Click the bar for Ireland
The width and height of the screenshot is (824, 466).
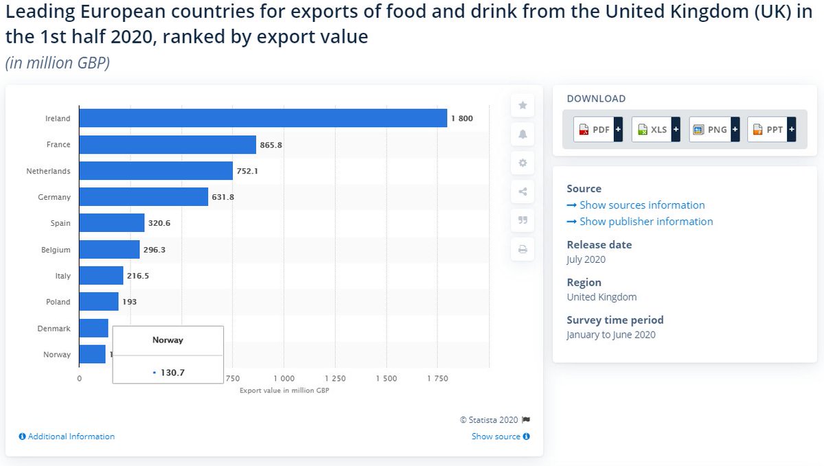[x=263, y=118]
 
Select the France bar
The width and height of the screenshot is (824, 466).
[x=168, y=144]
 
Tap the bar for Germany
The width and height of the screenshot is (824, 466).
[x=144, y=197]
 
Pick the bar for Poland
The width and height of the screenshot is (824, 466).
[x=99, y=301]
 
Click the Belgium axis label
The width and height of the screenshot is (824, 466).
[x=56, y=250]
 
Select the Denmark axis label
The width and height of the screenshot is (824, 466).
[x=54, y=328]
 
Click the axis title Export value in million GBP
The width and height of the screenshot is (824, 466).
[x=284, y=390]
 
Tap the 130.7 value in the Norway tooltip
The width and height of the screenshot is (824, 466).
[x=172, y=373]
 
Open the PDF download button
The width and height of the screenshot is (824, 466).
[x=598, y=129]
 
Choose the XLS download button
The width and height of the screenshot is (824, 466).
[x=656, y=129]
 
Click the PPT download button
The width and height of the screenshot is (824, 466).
[x=771, y=129]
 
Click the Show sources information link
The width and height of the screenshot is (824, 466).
[x=641, y=205]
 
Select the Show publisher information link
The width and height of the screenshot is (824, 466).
[x=645, y=221]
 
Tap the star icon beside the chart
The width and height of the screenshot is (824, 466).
[x=523, y=105]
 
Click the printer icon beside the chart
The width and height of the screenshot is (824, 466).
[x=523, y=249]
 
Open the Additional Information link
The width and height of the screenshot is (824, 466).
[x=71, y=436]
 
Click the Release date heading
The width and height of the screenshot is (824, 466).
[x=599, y=244]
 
